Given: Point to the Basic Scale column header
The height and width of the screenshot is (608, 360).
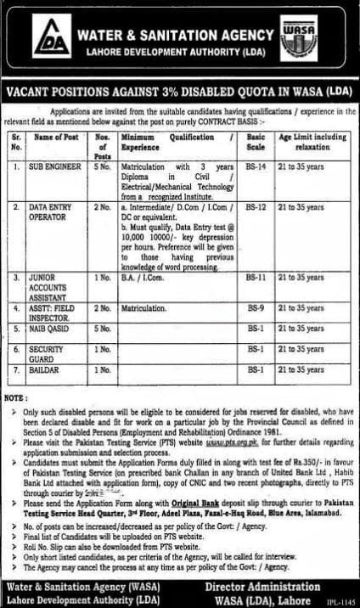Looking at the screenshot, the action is click(256, 141).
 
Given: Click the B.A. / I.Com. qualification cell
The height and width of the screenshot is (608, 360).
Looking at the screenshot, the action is click(141, 277).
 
